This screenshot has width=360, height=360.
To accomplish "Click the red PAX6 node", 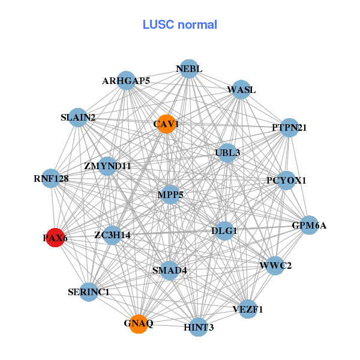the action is coord(55,238).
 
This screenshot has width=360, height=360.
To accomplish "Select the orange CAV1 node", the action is coord(166,124).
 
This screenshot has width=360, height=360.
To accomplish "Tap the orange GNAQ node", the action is coord(139,323).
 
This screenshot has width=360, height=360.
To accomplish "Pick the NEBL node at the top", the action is coord(189,69).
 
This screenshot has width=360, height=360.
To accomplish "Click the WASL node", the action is coord(241,90).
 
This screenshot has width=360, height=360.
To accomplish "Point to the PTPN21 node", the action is coord(289,128).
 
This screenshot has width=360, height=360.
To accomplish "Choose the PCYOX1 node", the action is coord(286,180).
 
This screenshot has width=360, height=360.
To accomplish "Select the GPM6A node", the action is coord(309,226).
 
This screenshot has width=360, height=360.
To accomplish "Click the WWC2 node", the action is coord(275,265).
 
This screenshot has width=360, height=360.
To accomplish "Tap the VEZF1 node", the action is coord(248,309).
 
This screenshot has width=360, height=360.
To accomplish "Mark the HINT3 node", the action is coord(199,327).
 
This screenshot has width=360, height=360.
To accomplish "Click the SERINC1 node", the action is coord(89,292).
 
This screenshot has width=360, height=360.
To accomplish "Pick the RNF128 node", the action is coord(51,178).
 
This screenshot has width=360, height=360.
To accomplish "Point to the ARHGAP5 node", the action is coord(126,80).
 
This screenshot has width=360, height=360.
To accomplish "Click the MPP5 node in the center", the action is coord(170,194).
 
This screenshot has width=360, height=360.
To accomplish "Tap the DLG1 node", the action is coord(224,230).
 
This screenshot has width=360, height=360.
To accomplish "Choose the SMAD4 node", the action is coord(169,270).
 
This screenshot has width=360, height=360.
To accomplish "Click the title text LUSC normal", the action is coord(179,25).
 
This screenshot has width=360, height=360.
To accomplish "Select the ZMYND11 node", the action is coord(107,166).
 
